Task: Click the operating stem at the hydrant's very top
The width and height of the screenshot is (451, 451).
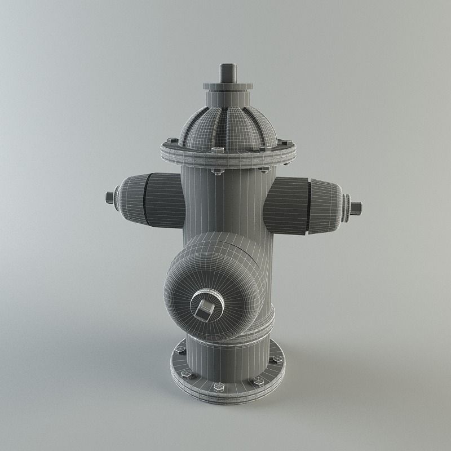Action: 227,73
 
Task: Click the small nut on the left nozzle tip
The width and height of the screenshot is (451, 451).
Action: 109,197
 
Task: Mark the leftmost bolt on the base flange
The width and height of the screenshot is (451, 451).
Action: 180,350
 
